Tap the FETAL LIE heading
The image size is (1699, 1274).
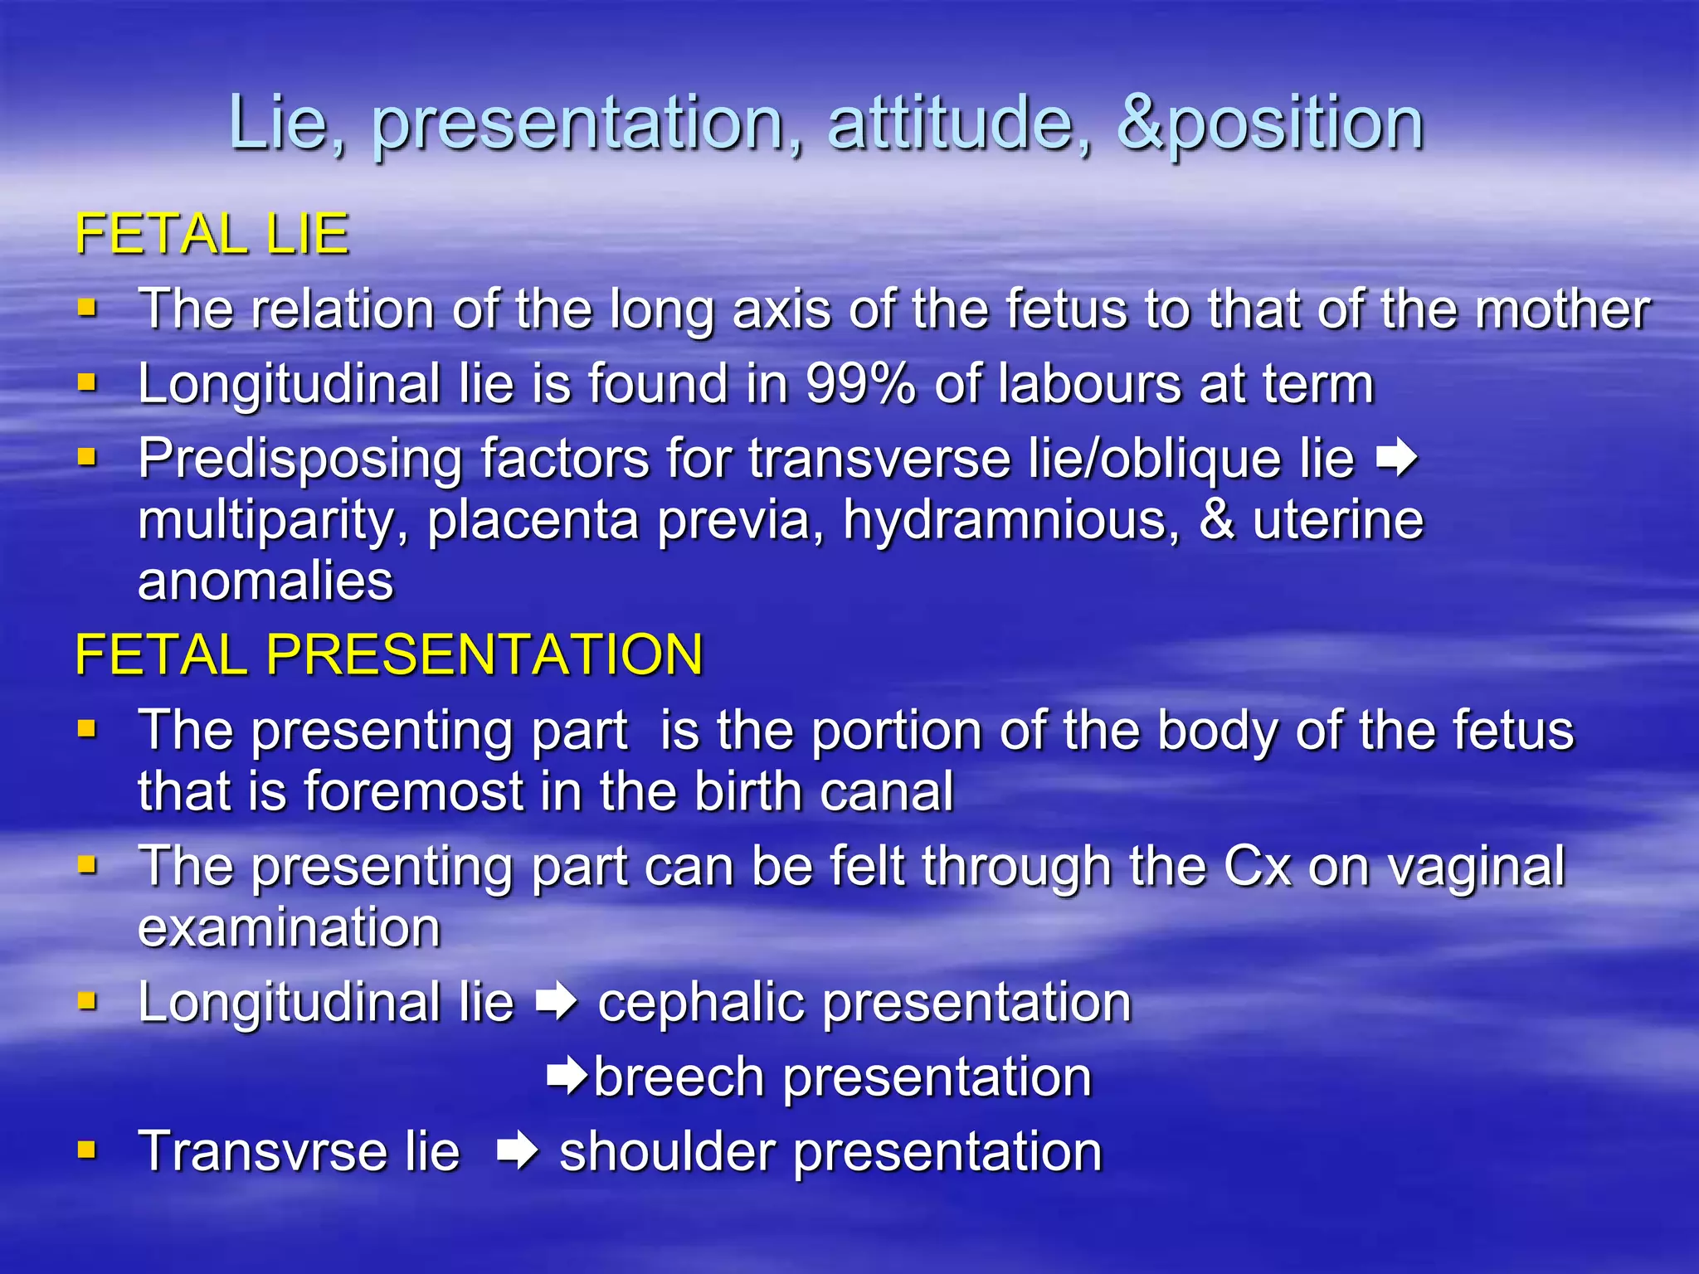coord(212,234)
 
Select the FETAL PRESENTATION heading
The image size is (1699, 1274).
coord(389,654)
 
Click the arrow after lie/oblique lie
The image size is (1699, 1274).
coord(1396,458)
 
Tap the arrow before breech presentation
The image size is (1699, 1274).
coord(567,1077)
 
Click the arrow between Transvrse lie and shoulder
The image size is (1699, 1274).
coord(518,1151)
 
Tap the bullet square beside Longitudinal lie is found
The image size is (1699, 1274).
coord(87,383)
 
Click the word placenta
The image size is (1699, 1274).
coord(535,520)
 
